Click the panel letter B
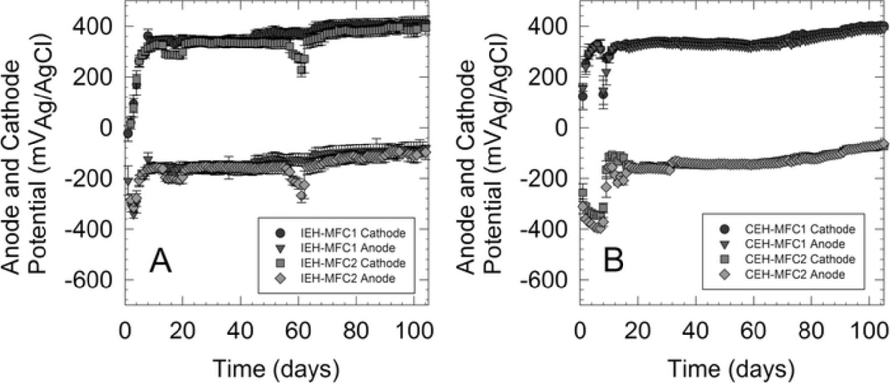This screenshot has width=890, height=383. point(613,261)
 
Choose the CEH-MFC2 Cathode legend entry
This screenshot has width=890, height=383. point(800,259)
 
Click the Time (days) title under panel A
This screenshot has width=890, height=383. point(276,369)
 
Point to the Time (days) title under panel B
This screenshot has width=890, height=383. point(731,369)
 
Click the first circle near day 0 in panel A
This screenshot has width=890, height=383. point(128,134)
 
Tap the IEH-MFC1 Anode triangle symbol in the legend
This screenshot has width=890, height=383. point(280,248)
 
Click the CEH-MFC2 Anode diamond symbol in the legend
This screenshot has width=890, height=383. point(725,274)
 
